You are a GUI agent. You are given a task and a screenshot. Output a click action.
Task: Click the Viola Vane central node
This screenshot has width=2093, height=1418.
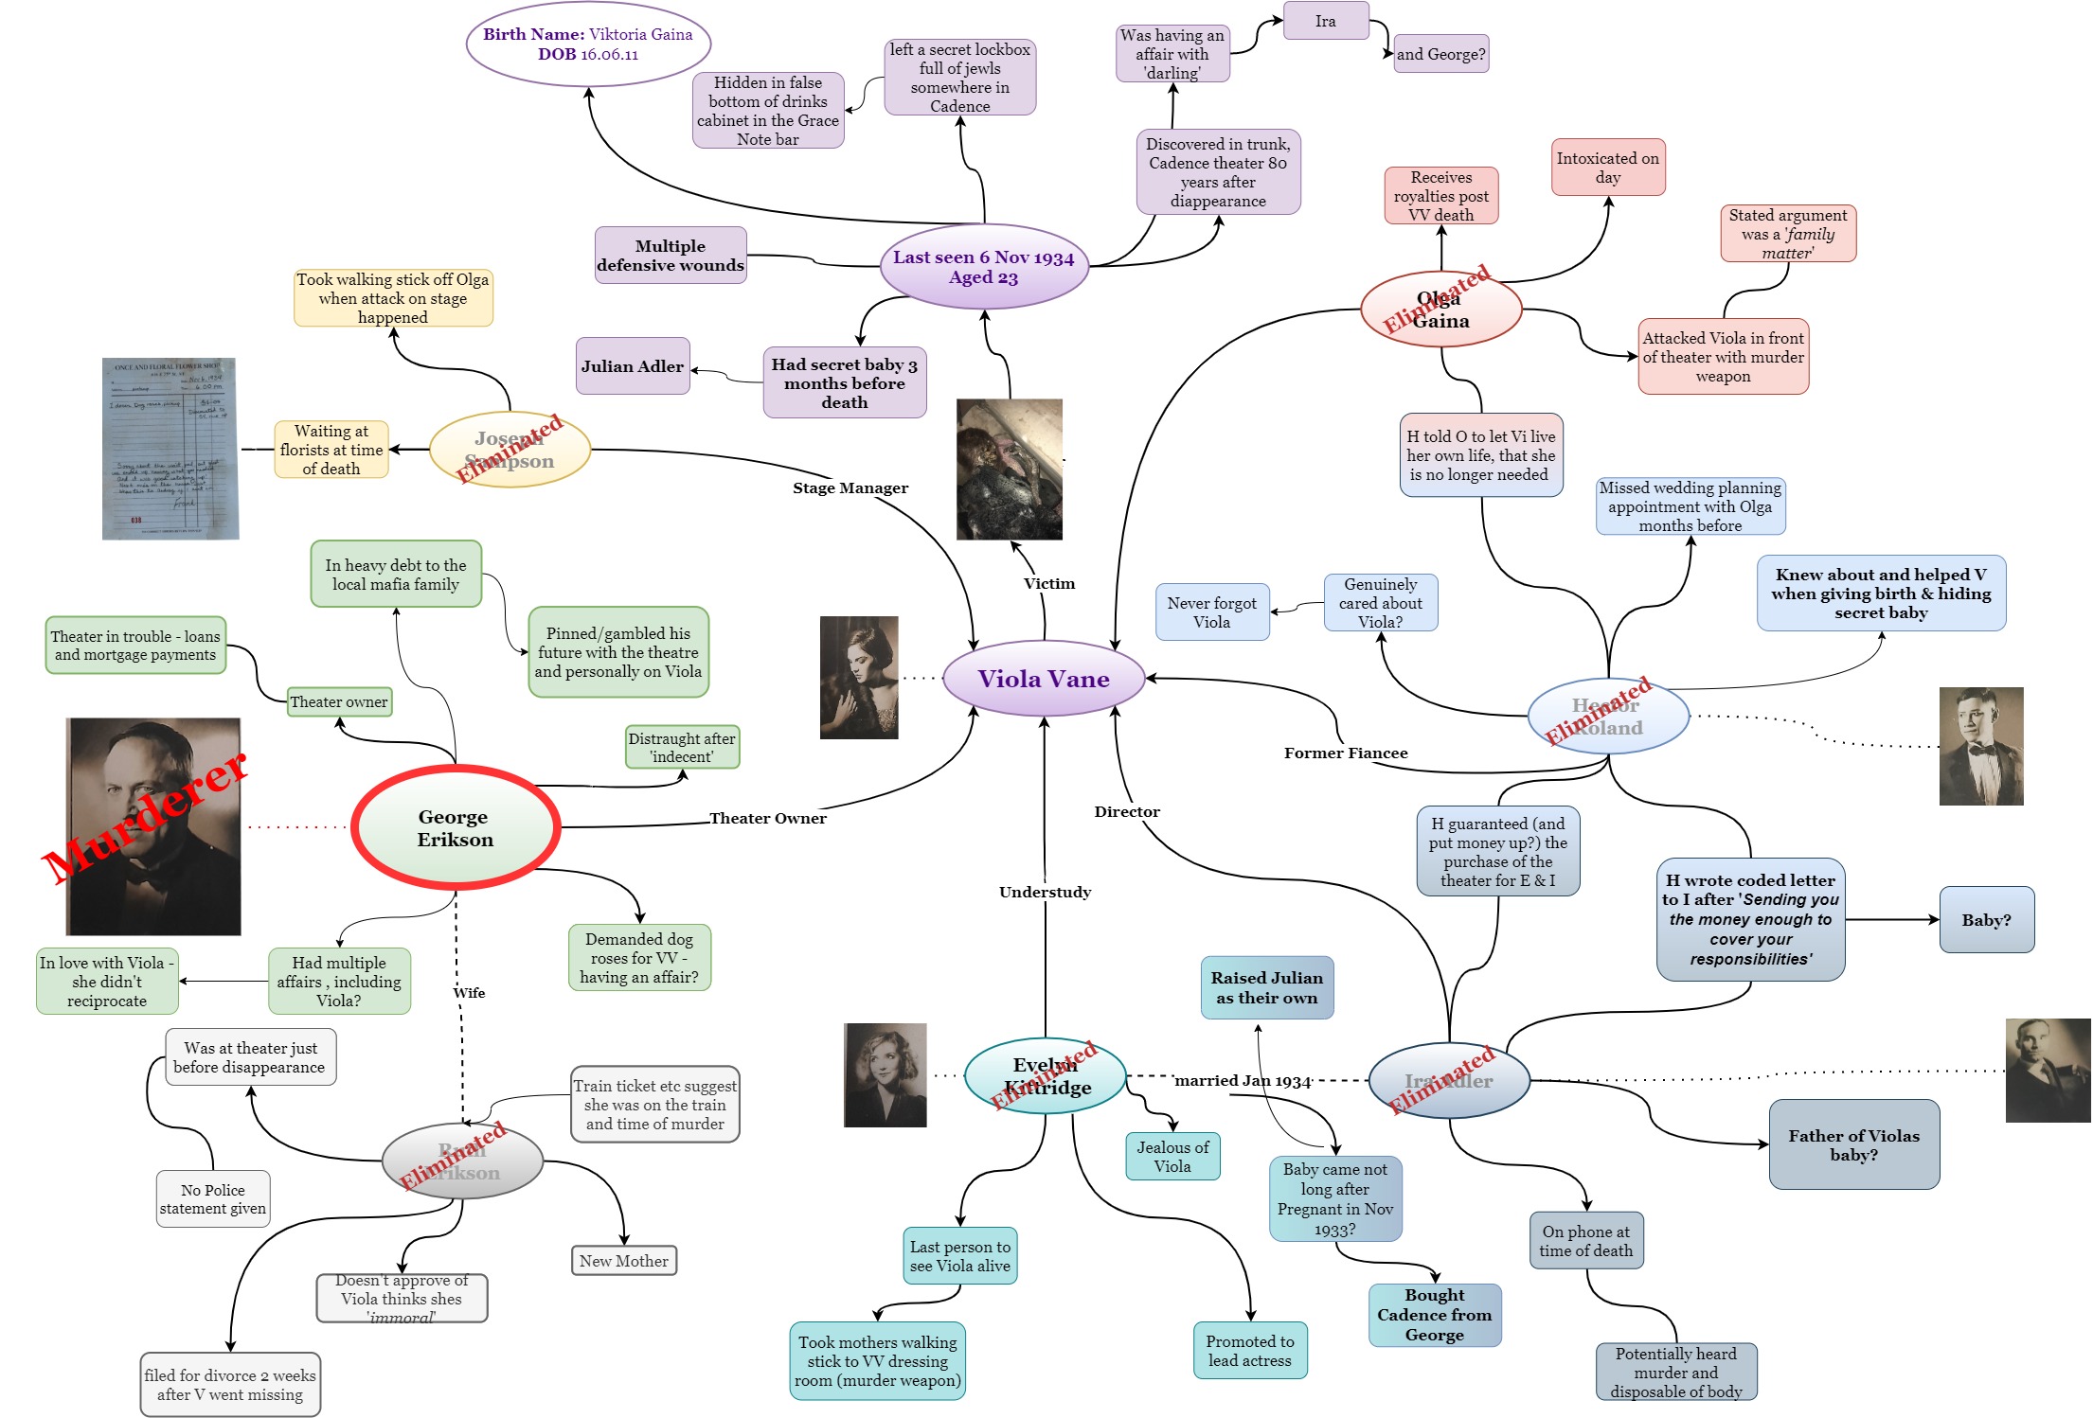[x=1044, y=679]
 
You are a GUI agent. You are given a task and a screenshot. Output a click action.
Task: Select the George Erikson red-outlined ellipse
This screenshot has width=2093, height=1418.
[x=456, y=827]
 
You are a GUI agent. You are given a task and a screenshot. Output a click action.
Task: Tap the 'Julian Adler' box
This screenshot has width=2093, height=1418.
[x=632, y=366]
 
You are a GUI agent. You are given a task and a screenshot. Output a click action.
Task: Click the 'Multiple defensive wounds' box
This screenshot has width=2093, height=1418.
[x=671, y=256]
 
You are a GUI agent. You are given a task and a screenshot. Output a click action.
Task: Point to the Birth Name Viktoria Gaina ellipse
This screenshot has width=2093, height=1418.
[x=588, y=44]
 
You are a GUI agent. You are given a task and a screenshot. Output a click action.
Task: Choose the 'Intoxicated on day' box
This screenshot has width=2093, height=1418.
[x=1607, y=168]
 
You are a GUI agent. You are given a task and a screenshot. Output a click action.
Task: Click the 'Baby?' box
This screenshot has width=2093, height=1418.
[x=1986, y=920]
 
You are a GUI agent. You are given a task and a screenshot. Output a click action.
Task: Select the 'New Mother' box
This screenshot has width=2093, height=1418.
[x=623, y=1261]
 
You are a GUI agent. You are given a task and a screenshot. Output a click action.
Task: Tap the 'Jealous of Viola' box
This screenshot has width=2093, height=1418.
[x=1172, y=1157]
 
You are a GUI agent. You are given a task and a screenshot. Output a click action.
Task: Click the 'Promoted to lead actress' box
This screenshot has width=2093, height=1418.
[x=1249, y=1351]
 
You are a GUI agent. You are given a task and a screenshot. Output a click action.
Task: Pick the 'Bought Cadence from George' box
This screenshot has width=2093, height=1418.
[x=1434, y=1315]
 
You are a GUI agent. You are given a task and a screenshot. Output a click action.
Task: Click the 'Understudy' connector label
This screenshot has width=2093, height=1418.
[x=1045, y=892]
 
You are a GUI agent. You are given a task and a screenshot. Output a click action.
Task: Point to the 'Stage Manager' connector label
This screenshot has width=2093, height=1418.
[x=850, y=487]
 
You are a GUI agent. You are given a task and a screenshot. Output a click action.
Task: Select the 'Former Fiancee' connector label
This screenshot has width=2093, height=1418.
[x=1345, y=753]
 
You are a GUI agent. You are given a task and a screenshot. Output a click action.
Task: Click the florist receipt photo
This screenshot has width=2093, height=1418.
[x=170, y=449]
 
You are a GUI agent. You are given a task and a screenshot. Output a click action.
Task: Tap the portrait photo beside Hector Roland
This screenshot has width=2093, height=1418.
[x=1980, y=746]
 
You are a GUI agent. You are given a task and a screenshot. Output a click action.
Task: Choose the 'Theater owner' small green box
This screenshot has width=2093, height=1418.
[x=338, y=701]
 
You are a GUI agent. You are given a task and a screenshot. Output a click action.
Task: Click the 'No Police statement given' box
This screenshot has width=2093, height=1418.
[x=212, y=1199]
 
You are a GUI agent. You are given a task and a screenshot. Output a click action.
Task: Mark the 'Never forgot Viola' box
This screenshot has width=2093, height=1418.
[x=1211, y=612]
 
